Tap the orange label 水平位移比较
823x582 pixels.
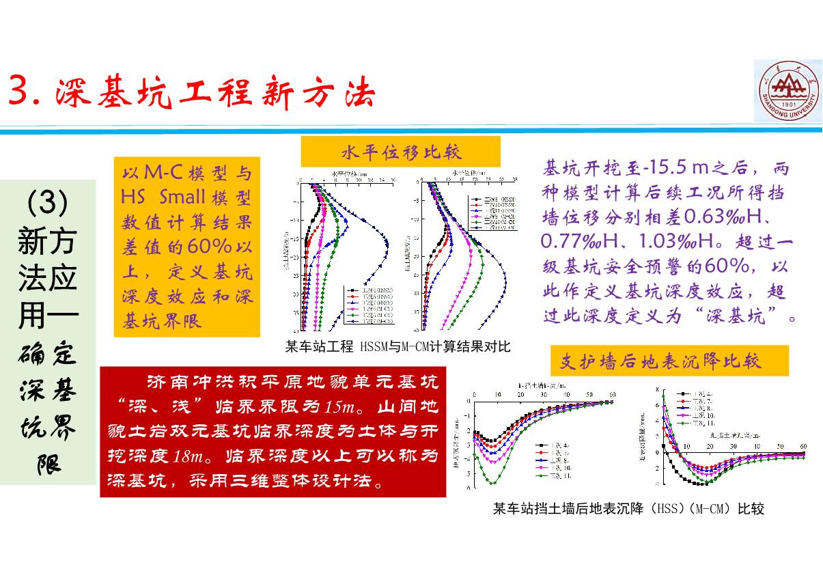pos(401,151)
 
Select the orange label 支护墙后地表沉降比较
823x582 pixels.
pos(669,361)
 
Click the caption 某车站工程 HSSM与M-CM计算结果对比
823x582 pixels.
pos(397,346)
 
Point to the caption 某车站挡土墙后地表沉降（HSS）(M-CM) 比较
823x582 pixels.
pos(628,509)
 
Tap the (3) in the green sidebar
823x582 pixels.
pos(48,203)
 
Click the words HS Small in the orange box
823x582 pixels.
pos(163,197)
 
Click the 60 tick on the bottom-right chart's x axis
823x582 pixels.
pos(803,446)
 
